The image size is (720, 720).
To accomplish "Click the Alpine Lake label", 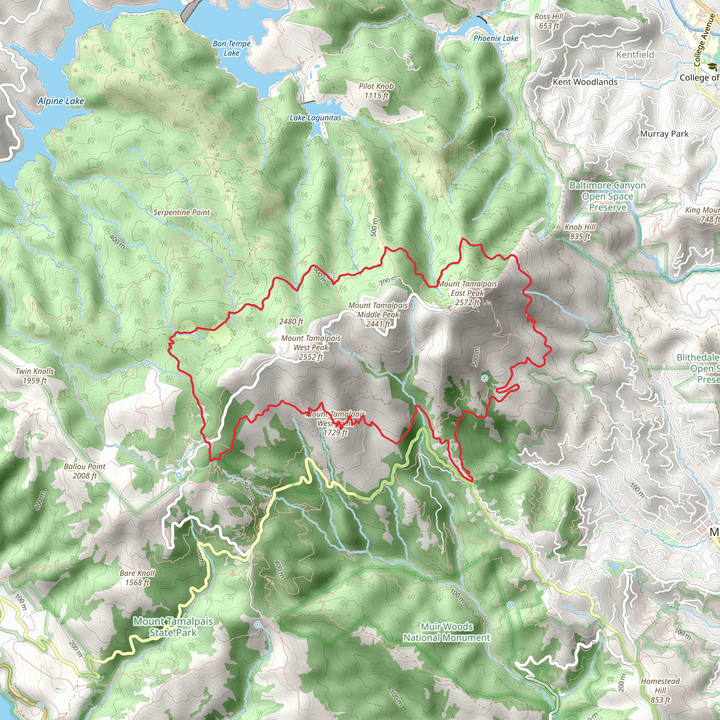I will (61, 101).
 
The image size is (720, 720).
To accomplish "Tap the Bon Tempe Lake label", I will (231, 48).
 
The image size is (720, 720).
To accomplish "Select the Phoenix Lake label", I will (496, 38).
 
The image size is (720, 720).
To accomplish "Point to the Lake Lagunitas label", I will (315, 118).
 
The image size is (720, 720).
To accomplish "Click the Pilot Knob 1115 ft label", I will (376, 91).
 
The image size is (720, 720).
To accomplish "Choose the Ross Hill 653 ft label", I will (549, 21).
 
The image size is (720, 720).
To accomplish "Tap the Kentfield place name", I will (635, 55).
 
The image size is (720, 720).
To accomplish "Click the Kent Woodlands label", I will (585, 82).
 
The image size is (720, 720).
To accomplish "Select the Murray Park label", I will (664, 134).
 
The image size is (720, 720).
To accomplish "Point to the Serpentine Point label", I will (182, 212).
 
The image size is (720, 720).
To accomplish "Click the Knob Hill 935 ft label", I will (580, 231).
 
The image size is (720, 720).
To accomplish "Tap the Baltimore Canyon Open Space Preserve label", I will (607, 196).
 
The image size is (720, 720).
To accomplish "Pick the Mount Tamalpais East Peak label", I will (467, 293).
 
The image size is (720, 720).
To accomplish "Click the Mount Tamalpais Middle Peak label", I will (378, 315).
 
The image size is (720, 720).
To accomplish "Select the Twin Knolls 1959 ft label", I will (35, 376).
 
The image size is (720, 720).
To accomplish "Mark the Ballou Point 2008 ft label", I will (85, 471).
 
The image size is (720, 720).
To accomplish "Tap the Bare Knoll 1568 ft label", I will (137, 578).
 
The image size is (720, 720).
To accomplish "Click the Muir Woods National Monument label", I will (446, 632).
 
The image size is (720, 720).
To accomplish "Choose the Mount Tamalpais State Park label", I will (173, 627).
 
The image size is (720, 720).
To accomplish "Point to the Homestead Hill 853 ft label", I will (660, 690).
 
